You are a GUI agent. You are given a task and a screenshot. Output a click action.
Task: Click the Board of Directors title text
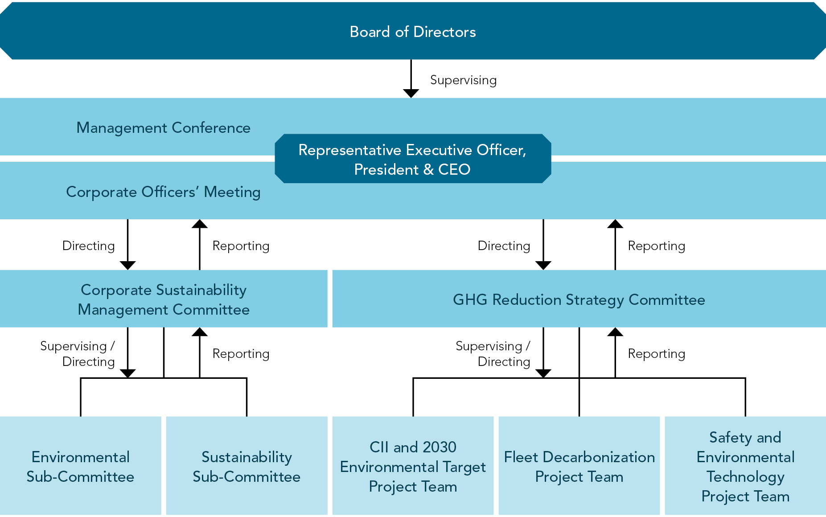[x=413, y=32]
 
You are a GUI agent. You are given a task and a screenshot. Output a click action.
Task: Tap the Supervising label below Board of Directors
[x=463, y=80]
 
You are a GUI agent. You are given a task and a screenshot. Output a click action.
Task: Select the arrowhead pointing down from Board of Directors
[x=411, y=93]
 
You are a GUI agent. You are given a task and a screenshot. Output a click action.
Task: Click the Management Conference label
[x=163, y=128]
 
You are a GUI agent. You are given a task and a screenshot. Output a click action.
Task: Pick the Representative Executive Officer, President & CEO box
[x=413, y=159]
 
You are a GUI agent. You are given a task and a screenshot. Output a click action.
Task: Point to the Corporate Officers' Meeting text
[x=163, y=192]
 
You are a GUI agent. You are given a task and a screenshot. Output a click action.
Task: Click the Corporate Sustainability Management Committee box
[x=163, y=299]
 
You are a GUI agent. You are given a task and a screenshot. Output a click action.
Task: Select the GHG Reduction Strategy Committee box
[x=579, y=300]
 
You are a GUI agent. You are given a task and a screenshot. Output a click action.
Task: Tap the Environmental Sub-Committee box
[x=80, y=466]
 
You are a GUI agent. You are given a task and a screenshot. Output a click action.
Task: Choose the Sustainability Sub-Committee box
[x=247, y=466]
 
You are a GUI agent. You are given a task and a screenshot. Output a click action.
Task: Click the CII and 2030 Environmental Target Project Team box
[x=413, y=466]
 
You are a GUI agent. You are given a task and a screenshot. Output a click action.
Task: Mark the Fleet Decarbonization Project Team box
[x=579, y=466]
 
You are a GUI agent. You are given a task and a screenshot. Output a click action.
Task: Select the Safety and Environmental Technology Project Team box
[x=745, y=466]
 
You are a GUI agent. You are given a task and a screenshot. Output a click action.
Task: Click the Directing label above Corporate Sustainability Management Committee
[x=88, y=246]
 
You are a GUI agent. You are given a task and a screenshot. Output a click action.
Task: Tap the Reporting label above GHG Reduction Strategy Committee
[x=656, y=246]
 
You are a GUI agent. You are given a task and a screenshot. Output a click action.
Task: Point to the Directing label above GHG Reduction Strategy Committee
[x=504, y=246]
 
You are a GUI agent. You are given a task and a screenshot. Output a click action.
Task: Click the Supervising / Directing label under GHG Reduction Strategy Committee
[x=493, y=354]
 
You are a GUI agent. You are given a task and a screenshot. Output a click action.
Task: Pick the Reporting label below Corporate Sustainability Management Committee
[x=241, y=354]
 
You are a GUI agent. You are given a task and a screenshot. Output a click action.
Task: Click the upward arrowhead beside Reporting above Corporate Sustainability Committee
[x=199, y=224]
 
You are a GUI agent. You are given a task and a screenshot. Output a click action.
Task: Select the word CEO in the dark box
[x=454, y=169]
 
